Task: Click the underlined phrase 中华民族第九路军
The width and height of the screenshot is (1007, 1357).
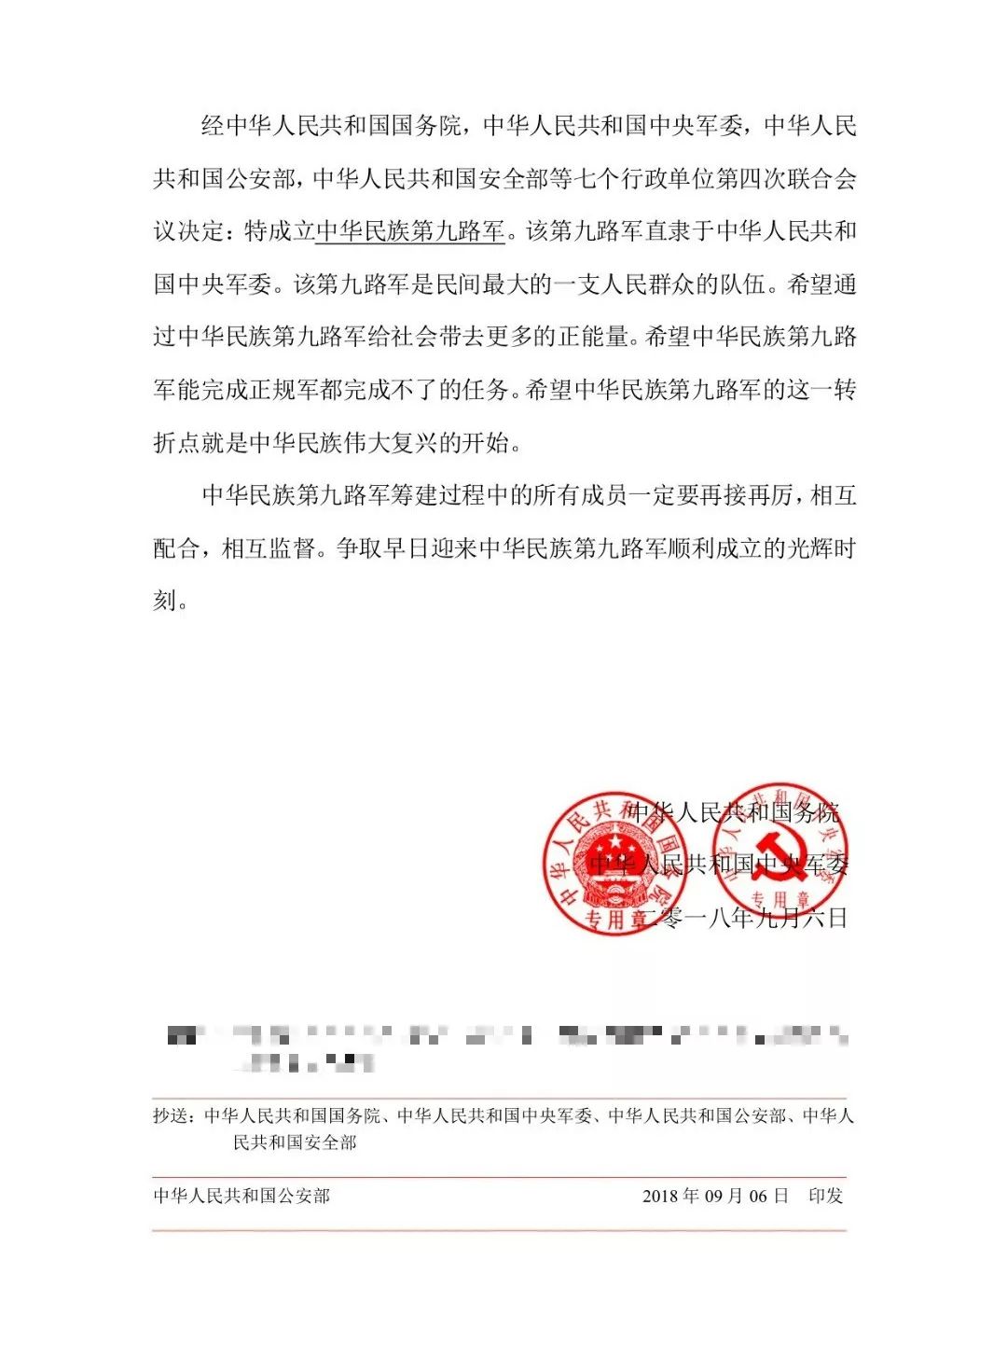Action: click(x=410, y=230)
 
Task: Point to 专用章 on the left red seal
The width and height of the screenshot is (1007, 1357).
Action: click(x=616, y=918)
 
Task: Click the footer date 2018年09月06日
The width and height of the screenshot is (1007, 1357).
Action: click(x=715, y=1196)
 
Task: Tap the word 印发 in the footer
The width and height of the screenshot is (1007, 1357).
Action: click(x=825, y=1196)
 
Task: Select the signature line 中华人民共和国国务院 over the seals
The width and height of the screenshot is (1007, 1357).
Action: click(x=734, y=812)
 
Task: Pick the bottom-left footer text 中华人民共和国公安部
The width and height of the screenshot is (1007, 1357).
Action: click(x=241, y=1196)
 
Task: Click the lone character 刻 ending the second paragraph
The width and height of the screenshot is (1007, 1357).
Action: click(x=164, y=601)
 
